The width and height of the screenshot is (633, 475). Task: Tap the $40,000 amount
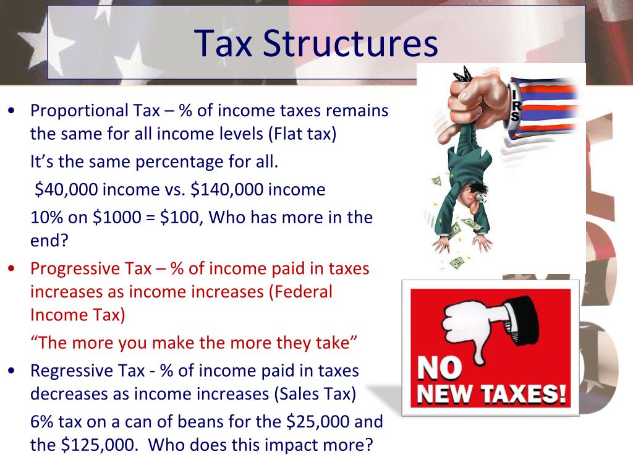pos(66,190)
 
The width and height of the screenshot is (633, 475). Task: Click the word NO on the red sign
pos(440,369)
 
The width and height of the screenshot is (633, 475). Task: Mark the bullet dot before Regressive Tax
pos(12,371)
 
